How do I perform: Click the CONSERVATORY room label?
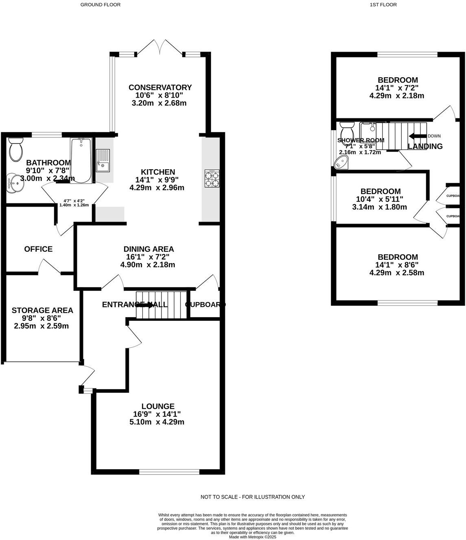160,87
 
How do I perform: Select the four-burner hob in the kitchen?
212,179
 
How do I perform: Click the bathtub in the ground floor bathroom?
81,161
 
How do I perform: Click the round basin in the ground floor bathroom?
16,183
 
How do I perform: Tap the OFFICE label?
38,249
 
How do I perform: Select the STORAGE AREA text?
42,310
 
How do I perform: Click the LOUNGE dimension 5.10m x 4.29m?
158,422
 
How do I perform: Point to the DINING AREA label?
149,249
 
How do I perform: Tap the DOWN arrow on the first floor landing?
417,136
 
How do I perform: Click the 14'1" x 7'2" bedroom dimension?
397,88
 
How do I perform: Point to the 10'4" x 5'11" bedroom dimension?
380,199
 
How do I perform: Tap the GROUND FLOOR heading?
100,5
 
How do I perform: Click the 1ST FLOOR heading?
383,5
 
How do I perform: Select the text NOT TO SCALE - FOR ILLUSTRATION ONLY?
253,497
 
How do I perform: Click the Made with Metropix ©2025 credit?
253,537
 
